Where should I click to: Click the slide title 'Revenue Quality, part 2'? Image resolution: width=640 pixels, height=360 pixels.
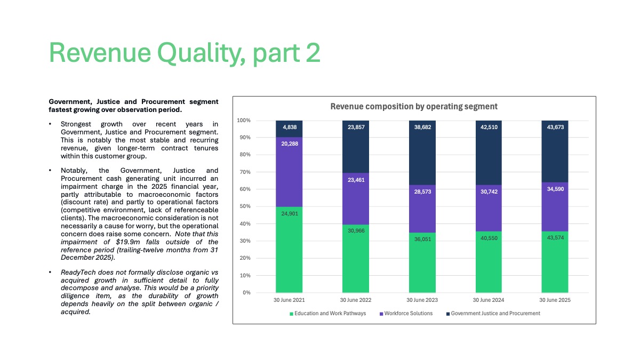pyautogui.click(x=185, y=53)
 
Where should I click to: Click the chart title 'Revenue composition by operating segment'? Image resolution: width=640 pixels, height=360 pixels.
pyautogui.click(x=414, y=107)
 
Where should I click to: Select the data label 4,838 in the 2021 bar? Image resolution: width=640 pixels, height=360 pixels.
pyautogui.click(x=290, y=127)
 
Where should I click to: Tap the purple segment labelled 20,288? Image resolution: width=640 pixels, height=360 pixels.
pyautogui.click(x=289, y=172)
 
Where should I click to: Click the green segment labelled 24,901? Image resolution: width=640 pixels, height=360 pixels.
pyautogui.click(x=289, y=250)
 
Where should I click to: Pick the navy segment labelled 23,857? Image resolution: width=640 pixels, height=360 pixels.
pyautogui.click(x=356, y=147)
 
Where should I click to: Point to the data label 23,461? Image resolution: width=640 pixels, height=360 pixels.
pyautogui.click(x=356, y=180)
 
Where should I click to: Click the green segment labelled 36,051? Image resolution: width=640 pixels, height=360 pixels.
pyautogui.click(x=422, y=262)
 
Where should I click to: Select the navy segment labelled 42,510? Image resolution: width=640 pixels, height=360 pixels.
pyautogui.click(x=489, y=153)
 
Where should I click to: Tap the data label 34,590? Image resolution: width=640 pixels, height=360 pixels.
pyautogui.click(x=555, y=189)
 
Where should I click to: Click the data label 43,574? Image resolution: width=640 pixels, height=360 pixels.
pyautogui.click(x=555, y=238)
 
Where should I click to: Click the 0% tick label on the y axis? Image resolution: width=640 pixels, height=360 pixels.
pyautogui.click(x=246, y=293)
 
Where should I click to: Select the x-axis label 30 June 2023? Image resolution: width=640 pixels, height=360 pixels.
pyautogui.click(x=422, y=300)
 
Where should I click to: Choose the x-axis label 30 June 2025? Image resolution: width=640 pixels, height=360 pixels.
pyautogui.click(x=555, y=300)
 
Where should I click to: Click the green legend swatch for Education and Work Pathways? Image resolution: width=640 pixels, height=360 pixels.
pyautogui.click(x=291, y=314)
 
